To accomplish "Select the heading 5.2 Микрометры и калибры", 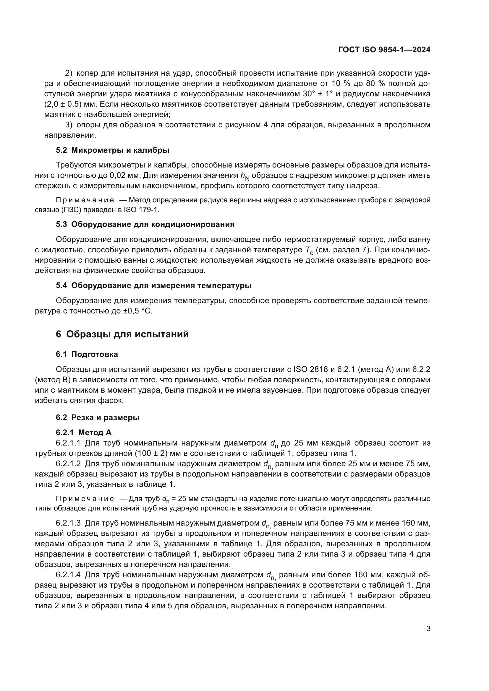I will (112, 150).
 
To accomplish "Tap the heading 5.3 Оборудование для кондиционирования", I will (145, 224).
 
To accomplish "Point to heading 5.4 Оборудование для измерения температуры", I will (153, 285).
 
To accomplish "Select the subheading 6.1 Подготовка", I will (87, 354).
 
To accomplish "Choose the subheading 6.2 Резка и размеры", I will (98, 417).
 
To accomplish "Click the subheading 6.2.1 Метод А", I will (83, 433).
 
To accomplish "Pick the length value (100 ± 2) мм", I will (157, 453).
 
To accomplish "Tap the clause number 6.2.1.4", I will (68, 575).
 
